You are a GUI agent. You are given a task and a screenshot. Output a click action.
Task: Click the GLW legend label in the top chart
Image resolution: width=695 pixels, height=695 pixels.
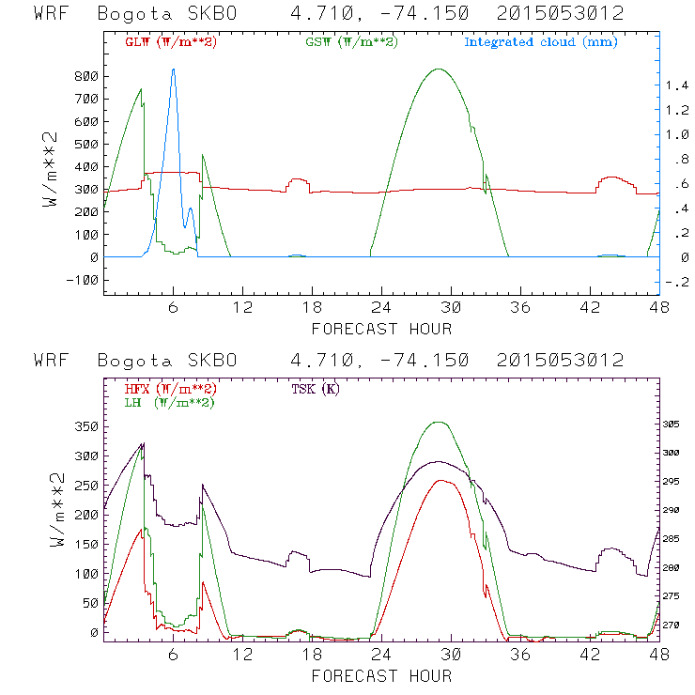[170, 42]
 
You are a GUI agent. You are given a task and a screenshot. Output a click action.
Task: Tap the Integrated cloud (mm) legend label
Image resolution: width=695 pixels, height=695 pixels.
[540, 42]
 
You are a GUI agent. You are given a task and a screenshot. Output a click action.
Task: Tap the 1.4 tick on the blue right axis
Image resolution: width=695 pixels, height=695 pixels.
[677, 85]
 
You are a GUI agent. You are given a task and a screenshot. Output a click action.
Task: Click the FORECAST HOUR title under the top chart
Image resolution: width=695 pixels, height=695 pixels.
[381, 329]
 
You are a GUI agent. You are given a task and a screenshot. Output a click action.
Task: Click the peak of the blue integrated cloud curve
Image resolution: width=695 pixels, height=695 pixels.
[173, 69]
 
